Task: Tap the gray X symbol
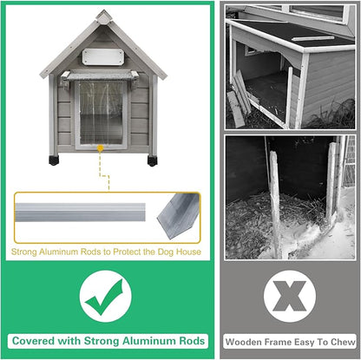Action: coord(290,296)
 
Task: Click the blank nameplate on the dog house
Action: coord(103,56)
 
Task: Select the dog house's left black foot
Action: coord(54,160)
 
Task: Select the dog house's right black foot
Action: coord(152,160)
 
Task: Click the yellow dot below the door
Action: coord(100,148)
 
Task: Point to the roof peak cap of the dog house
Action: coord(104,16)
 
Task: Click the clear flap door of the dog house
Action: coord(101,115)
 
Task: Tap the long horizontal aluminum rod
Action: coord(80,213)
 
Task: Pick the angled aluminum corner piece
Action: coord(178,215)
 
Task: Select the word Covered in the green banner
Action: coord(33,341)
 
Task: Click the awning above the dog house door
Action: coord(100,76)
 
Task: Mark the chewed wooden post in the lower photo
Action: coord(275,202)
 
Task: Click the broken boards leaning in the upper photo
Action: coord(240,98)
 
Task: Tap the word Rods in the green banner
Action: coord(192,341)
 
